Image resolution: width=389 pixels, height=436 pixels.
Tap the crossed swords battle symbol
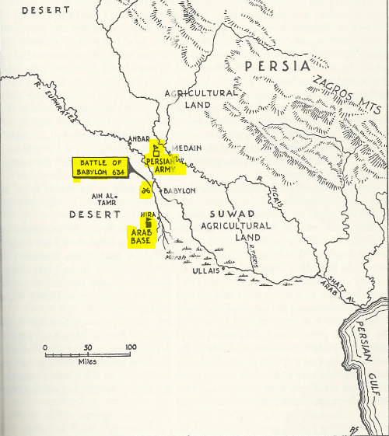pos(145,190)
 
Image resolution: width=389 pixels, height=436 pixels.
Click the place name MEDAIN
pos(187,148)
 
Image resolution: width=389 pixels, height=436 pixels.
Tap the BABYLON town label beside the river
pos(179,190)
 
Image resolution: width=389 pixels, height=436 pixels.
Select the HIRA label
pos(148,214)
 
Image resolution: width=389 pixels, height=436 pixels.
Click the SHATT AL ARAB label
pos(337,291)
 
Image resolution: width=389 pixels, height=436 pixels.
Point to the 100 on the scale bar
pos(130,347)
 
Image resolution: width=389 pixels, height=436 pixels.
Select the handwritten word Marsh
pos(177,258)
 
